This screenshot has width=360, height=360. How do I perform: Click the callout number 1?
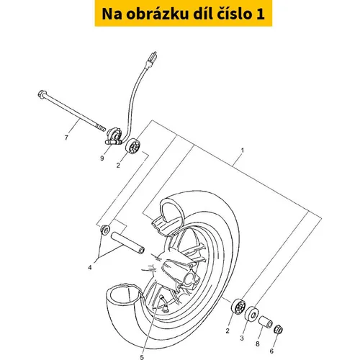point(243,150)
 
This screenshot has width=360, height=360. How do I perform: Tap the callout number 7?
point(66,138)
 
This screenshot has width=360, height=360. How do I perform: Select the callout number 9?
point(102,158)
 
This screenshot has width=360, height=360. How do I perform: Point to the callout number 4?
point(90,267)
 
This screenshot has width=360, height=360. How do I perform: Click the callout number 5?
point(142,357)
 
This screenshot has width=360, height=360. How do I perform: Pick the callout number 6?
point(271,351)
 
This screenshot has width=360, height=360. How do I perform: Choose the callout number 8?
point(257,344)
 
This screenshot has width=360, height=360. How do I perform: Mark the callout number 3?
point(242,338)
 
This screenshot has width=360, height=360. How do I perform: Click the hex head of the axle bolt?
point(42,94)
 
